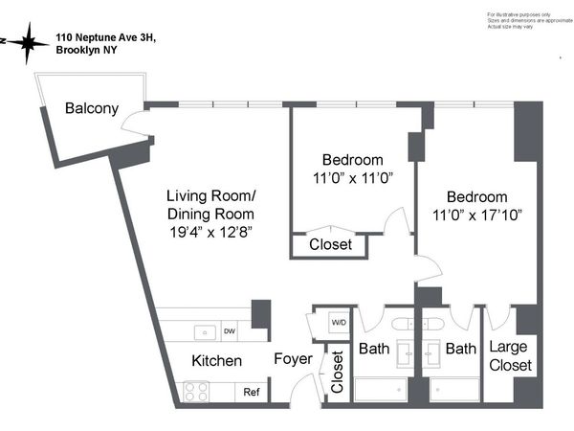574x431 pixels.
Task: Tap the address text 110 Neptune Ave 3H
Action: (x=105, y=37)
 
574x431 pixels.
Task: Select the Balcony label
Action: (x=92, y=108)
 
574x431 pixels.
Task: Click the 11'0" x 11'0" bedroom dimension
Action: (x=352, y=177)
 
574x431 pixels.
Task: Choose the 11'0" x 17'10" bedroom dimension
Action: (x=477, y=215)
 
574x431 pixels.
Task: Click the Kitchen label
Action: (x=216, y=361)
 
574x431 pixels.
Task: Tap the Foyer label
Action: (x=293, y=360)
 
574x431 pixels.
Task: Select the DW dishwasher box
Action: (x=229, y=332)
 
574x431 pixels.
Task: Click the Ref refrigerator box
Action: (x=252, y=392)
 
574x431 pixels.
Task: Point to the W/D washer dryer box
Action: (x=339, y=322)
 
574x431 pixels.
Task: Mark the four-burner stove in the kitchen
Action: (x=197, y=391)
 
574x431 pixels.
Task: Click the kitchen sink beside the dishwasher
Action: (x=203, y=332)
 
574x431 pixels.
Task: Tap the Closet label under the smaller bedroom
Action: (x=330, y=245)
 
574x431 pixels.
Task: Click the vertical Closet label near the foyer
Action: (x=337, y=374)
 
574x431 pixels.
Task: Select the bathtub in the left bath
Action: (x=386, y=391)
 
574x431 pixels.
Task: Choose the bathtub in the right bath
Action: (x=454, y=391)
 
